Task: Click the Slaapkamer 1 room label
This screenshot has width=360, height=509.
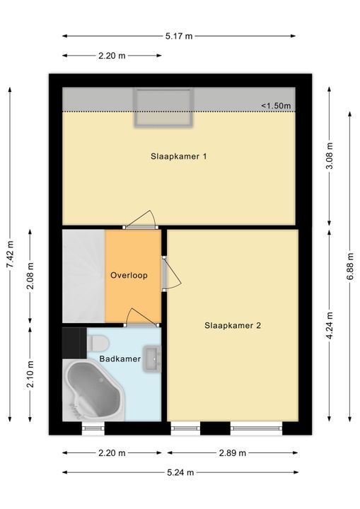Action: coord(179,156)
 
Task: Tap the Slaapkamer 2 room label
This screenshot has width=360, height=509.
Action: coord(233,325)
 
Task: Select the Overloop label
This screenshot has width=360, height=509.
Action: coord(129,276)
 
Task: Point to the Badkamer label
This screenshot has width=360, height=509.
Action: coord(120,358)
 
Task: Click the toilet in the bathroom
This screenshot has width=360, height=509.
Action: coord(97,343)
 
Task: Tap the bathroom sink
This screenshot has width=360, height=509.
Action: coord(152,358)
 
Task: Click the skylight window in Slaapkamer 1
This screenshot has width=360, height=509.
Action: coord(164,107)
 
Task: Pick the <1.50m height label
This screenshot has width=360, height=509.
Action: coord(276,105)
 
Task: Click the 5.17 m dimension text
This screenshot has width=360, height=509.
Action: coord(179,36)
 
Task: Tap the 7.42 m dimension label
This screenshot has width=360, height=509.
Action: coord(10,255)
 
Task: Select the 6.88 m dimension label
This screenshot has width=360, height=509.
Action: coord(350,267)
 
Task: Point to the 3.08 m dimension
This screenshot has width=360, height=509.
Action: coord(330,156)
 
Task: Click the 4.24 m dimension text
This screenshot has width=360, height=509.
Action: coord(330,326)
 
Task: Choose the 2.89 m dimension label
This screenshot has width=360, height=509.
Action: coord(232,453)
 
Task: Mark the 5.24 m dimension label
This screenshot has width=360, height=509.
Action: coord(180,472)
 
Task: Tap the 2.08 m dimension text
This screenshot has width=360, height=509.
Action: coord(30,276)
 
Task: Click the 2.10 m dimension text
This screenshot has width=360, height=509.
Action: coord(30,374)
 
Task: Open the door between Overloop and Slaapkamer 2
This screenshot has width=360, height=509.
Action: coord(171,274)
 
